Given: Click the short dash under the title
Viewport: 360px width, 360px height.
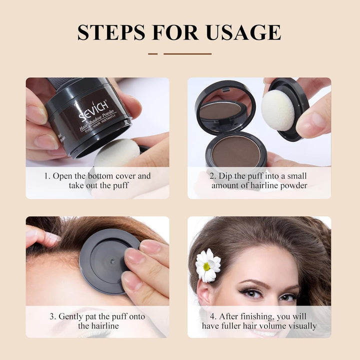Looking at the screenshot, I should click(x=152, y=53).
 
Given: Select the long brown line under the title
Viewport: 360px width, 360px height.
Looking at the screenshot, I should click(x=187, y=53).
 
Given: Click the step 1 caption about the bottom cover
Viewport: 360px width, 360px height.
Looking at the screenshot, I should click(x=97, y=180).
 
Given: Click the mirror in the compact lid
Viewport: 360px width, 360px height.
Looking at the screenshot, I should click(x=220, y=110).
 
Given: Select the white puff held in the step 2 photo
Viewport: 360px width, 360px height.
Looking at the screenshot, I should click(x=277, y=110).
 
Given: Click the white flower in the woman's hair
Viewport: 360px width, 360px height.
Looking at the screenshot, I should click(x=207, y=265).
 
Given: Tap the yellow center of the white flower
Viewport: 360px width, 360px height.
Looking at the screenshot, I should click(x=206, y=266).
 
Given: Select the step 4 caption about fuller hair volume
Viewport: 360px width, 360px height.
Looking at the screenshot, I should click(x=259, y=321).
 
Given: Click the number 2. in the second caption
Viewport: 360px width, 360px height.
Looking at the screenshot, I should click(x=212, y=176).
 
